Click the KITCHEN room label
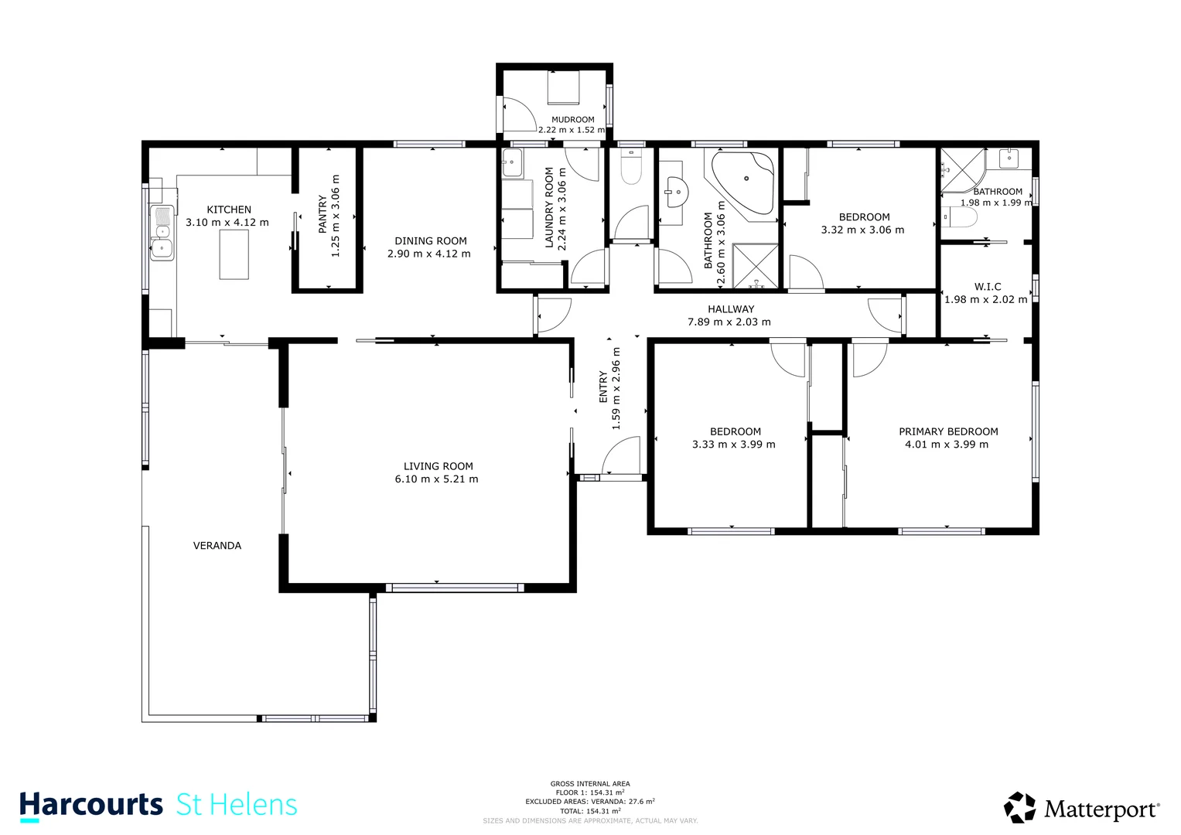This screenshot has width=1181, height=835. pos(229,210)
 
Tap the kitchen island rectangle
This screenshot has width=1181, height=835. pos(234,254)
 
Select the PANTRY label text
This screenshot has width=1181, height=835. pos(323,214)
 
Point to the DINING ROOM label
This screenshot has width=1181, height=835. pos(430,241)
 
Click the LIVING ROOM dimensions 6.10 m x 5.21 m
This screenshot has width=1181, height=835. pos(436,479)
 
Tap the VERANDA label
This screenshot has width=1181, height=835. pos(217,546)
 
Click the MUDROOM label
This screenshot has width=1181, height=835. pos(572,120)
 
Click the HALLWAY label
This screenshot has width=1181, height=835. pos(730,309)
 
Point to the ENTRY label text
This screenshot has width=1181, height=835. pos(603,387)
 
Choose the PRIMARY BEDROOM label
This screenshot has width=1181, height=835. pos(948,431)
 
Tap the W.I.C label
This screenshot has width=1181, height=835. pos(988,287)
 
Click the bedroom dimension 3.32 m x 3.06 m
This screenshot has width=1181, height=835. pos(862,230)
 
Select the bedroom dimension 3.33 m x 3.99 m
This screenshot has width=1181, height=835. pos(733,445)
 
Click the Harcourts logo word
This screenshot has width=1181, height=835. pos(91,805)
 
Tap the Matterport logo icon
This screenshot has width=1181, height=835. pos(1019,808)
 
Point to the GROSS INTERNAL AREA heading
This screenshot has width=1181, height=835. pos(590,784)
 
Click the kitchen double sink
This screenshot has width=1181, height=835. pos(162,233)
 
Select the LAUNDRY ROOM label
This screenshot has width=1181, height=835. pos(550,207)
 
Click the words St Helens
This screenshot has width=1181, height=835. pos(237,805)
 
